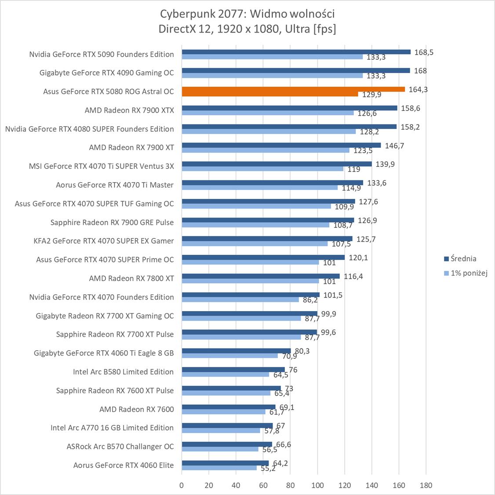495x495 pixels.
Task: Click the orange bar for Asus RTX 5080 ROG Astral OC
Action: click(x=293, y=89)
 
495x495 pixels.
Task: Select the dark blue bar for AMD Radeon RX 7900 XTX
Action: click(x=289, y=108)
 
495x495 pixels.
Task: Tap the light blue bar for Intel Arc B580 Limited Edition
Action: click(x=226, y=374)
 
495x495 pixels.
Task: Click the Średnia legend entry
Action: click(x=460, y=259)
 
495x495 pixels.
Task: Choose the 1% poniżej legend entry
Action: click(x=466, y=273)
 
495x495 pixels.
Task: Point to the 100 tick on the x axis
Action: click(x=317, y=486)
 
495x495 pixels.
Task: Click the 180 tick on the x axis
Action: click(x=426, y=486)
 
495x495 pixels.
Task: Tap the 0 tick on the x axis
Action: click(x=182, y=486)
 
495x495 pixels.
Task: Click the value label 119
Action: click(x=354, y=169)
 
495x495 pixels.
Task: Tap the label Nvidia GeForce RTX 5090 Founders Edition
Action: click(x=102, y=55)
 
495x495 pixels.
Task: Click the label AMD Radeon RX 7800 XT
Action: click(x=131, y=279)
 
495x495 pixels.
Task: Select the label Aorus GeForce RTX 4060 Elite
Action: click(x=124, y=465)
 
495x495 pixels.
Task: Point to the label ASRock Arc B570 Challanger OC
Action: click(x=120, y=447)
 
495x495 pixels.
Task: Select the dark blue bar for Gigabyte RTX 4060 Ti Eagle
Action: click(x=236, y=351)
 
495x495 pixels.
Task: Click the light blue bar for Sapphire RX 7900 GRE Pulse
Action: click(x=255, y=225)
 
